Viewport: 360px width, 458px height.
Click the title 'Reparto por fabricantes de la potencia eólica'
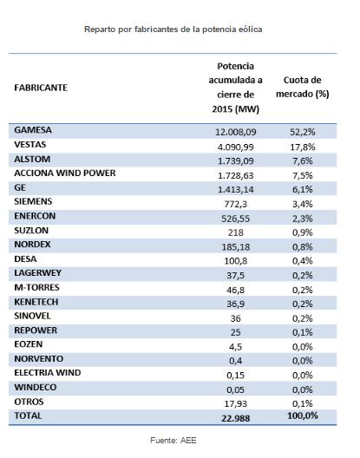pos(173,29)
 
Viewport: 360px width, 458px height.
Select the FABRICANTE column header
pos(41,88)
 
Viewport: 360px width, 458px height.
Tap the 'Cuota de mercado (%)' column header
pos(303,87)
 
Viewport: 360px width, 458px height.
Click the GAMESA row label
pos(33,130)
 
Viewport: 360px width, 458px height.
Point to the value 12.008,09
pos(236,132)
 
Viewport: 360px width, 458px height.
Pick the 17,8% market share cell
pos(303,147)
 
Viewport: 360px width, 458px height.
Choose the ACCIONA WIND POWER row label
pos(65,173)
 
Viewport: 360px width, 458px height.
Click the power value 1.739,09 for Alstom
pos(236,161)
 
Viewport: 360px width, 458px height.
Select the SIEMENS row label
pos(33,201)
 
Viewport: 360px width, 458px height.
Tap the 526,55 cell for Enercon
pos(236,219)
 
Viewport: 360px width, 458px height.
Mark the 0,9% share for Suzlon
pos(303,232)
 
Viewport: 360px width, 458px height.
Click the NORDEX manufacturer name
pos(32,245)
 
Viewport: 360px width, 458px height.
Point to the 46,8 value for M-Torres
pos(236,290)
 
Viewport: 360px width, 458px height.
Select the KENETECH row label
pos(36,302)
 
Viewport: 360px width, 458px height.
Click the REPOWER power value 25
pos(236,332)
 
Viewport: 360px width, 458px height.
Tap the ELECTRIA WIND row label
pos(48,373)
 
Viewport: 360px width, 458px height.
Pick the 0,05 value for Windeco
pos(236,389)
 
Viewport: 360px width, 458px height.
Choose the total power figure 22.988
pos(236,418)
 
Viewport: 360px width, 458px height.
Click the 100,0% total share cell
pos(303,415)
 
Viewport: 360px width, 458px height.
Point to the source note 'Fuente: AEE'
pos(173,440)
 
